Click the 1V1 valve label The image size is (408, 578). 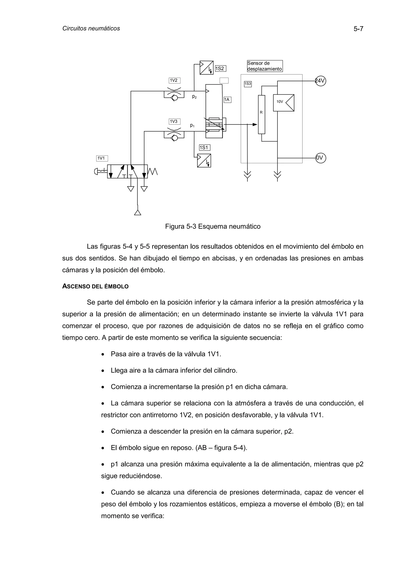pyautogui.click(x=102, y=158)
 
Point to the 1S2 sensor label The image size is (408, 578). pyautogui.click(x=221, y=68)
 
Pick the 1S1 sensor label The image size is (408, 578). pyautogui.click(x=204, y=148)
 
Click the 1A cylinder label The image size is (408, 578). pyautogui.click(x=227, y=100)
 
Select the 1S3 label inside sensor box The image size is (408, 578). pyautogui.click(x=248, y=84)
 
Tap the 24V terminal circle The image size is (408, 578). pyautogui.click(x=321, y=81)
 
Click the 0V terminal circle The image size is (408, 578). pyautogui.click(x=321, y=158)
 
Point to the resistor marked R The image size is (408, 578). pyautogui.click(x=261, y=114)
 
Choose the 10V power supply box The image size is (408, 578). pyautogui.click(x=283, y=103)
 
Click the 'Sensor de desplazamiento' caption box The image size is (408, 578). pyautogui.click(x=265, y=66)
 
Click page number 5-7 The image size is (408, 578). pyautogui.click(x=358, y=29)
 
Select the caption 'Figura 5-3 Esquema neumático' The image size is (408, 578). pyautogui.click(x=213, y=227)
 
